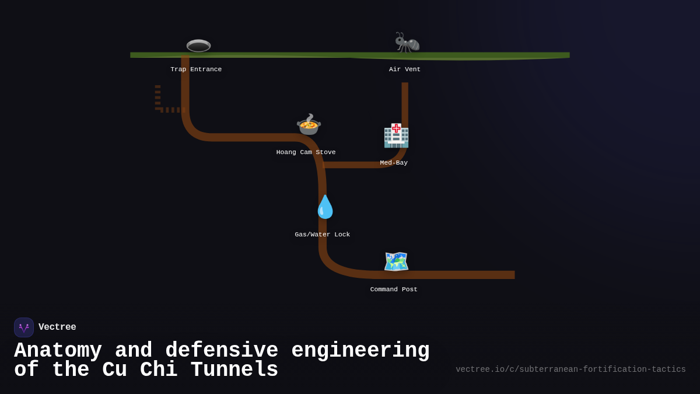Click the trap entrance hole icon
click(198, 46)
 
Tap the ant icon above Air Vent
click(407, 43)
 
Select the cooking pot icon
click(309, 124)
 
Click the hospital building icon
click(396, 135)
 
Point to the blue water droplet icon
click(325, 207)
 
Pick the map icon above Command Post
click(396, 261)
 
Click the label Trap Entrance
click(196, 69)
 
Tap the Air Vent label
click(405, 69)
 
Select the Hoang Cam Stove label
click(306, 152)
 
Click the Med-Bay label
click(394, 163)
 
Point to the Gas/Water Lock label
click(322, 235)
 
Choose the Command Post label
click(394, 290)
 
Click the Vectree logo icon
click(24, 327)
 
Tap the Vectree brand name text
click(57, 327)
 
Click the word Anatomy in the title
click(58, 351)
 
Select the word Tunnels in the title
click(234, 370)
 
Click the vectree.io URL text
click(570, 369)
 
